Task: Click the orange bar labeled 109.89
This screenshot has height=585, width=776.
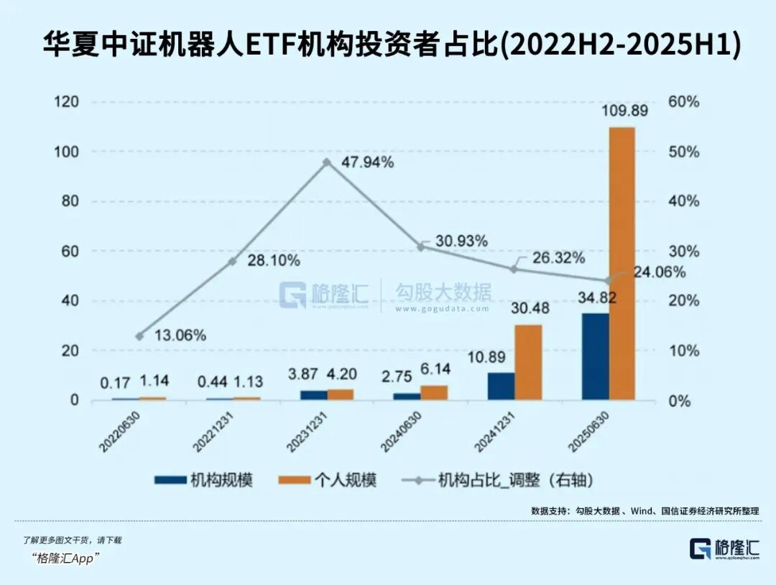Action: point(622,263)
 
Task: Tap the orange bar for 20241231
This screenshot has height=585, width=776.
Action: point(528,361)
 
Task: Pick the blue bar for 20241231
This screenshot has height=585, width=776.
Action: point(502,385)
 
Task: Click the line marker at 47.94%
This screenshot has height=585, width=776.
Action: point(327,162)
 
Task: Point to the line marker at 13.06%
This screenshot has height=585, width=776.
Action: point(139,336)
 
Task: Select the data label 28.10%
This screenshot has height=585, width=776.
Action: point(274,261)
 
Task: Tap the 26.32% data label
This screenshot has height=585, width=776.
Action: point(558,258)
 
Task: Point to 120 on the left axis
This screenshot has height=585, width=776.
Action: point(67,102)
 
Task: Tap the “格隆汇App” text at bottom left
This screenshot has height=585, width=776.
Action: point(65,558)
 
